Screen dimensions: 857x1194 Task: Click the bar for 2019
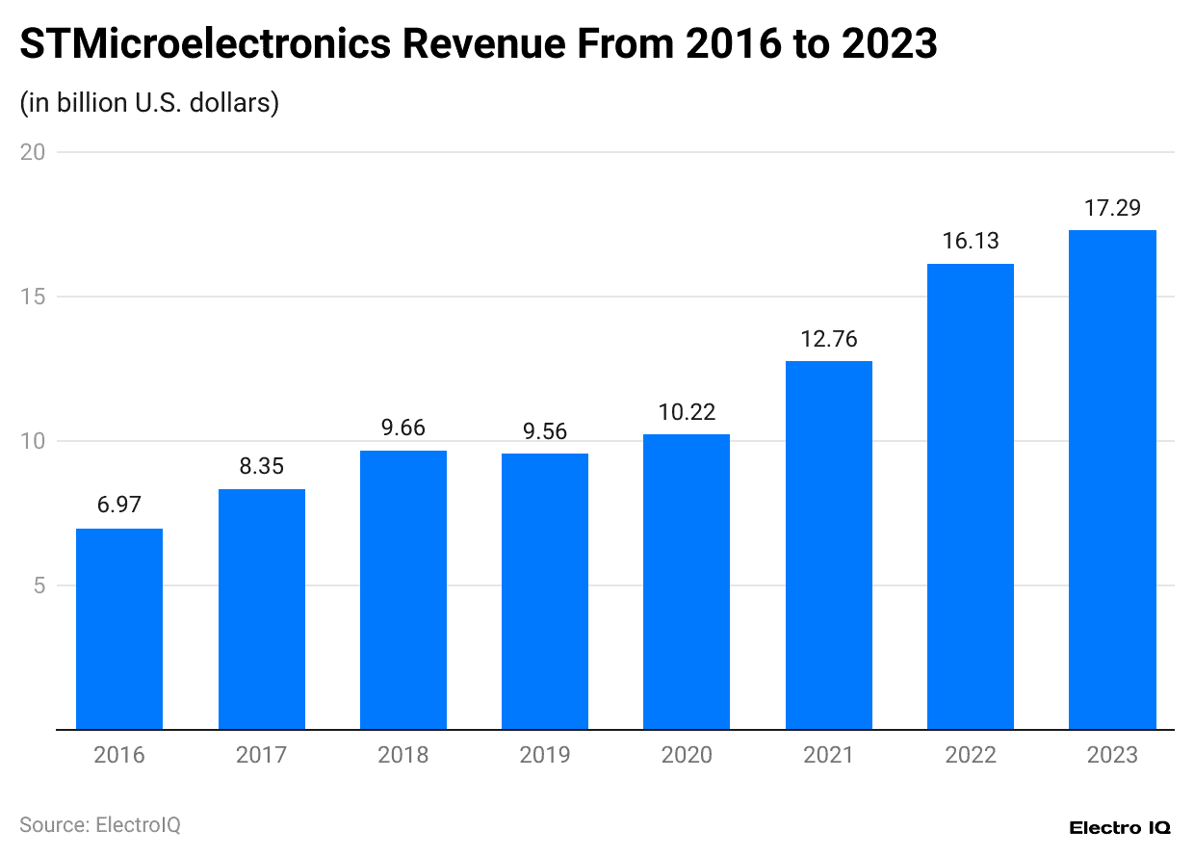tap(545, 591)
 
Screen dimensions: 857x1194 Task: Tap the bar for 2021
tap(829, 545)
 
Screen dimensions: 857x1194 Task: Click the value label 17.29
tap(1112, 208)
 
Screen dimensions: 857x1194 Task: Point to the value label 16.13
tap(971, 242)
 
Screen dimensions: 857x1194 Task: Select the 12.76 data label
tap(829, 339)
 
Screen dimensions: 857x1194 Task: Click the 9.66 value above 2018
tap(402, 428)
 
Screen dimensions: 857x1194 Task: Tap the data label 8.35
tap(261, 467)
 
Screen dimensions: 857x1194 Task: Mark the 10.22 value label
tap(687, 412)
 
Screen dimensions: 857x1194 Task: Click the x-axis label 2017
tap(261, 755)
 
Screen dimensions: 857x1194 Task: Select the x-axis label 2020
tap(687, 755)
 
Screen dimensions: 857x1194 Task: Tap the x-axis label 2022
tap(971, 755)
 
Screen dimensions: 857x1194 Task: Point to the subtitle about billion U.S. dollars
tap(149, 102)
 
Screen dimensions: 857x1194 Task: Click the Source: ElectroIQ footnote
tap(100, 825)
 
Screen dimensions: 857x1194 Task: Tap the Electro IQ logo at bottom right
tap(1120, 828)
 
